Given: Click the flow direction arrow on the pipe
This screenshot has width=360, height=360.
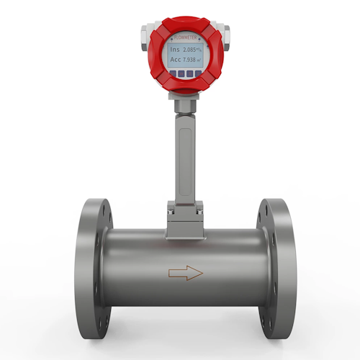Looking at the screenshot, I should tap(185, 273).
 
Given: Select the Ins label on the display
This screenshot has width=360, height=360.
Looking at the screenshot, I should tap(175, 49).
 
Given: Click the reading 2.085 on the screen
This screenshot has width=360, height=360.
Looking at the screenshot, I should tap(191, 49).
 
